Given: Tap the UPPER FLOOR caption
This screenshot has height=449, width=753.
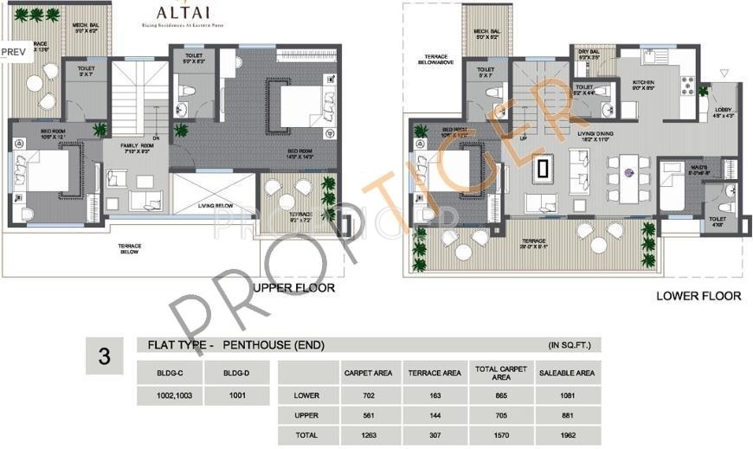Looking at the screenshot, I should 293,287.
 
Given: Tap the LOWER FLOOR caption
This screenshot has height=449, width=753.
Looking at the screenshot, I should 698,296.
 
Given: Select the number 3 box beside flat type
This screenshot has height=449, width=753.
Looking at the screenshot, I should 105,356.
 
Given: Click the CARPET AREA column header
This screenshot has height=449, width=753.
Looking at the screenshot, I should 368,373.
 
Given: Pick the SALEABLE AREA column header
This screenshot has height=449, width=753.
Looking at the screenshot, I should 565,373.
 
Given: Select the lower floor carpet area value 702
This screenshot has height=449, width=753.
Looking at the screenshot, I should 368,395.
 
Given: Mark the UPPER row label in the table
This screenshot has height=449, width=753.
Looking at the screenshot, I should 306,416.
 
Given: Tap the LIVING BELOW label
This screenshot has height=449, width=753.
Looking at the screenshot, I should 216,206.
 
